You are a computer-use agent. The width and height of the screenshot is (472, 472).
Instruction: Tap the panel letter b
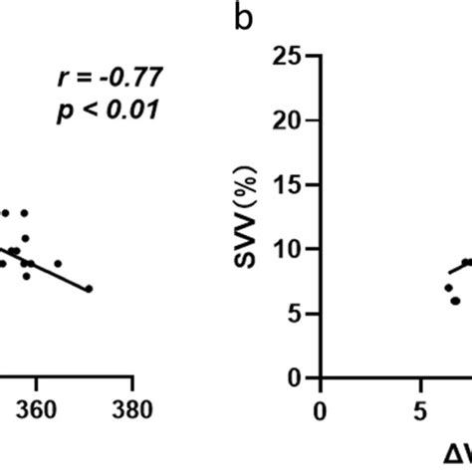(x=245, y=19)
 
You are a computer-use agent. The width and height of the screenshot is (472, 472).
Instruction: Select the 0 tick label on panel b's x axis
(x=319, y=408)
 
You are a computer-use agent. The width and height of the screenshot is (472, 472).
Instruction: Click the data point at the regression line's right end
(x=89, y=289)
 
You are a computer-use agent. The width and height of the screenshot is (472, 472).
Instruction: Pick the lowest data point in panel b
(x=455, y=300)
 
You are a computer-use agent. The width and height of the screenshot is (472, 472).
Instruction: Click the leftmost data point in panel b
(x=448, y=287)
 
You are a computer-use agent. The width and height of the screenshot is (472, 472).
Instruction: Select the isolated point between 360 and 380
(x=58, y=263)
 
